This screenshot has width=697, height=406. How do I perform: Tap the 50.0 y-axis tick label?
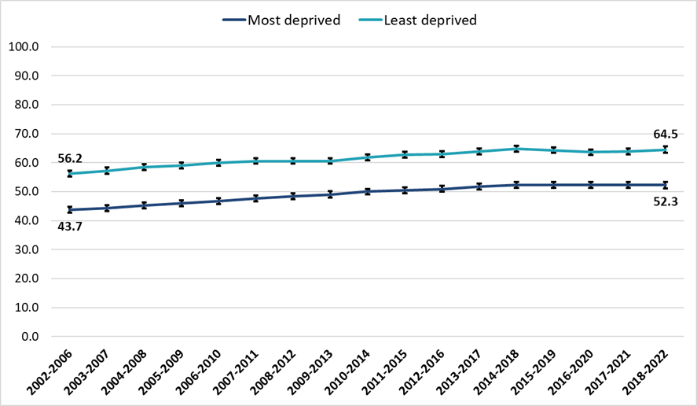click(25, 192)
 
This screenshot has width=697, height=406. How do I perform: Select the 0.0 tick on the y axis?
click(28, 337)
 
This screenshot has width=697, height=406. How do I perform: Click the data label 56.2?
click(70, 157)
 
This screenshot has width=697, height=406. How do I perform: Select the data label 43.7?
click(70, 227)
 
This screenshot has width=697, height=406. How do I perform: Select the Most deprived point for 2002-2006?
click(70, 210)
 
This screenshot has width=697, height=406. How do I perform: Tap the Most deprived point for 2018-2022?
click(666, 185)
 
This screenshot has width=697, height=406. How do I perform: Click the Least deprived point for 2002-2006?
click(70, 174)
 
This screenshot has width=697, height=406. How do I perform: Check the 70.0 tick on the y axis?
click(25, 134)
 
